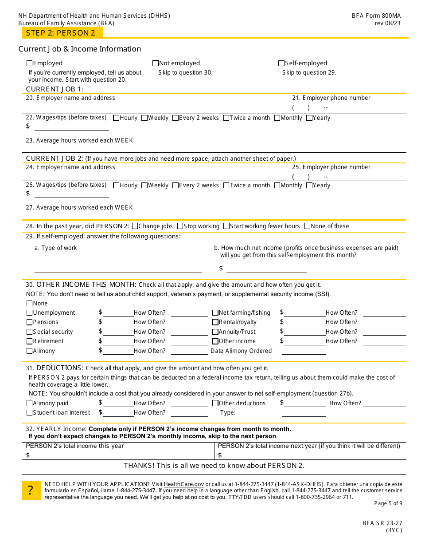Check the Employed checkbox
coord(30,63)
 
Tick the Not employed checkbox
coord(156,63)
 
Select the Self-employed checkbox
coord(281,63)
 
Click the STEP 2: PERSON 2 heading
coord(61,33)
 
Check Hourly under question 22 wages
coord(116,118)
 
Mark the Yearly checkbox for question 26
coord(309,186)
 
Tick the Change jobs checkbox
coord(135,226)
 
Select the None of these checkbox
coord(308,226)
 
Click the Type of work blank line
coord(118,269)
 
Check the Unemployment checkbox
coord(30,313)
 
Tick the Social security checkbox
coord(30,332)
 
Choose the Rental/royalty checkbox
coord(215,322)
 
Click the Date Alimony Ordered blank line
coord(304,351)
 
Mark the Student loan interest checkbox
coord(30,413)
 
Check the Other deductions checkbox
coord(215,404)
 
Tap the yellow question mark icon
coord(31,491)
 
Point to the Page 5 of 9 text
coord(388,503)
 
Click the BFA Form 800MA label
coord(376,16)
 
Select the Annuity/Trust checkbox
coord(215,332)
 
